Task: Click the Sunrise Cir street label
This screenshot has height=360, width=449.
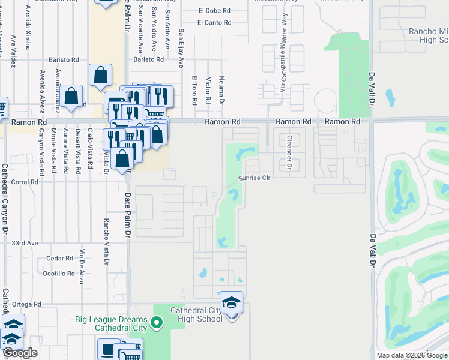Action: (x=255, y=178)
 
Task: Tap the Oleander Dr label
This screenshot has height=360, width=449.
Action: (x=289, y=152)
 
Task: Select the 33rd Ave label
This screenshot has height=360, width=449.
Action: (x=25, y=243)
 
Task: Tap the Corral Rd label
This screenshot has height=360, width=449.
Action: (x=25, y=182)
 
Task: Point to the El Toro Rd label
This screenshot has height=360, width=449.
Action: (x=194, y=90)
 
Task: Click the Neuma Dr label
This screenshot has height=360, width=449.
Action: (x=222, y=90)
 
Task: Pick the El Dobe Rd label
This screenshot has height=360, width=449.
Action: (x=214, y=11)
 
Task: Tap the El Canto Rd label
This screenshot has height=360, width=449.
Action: (x=214, y=23)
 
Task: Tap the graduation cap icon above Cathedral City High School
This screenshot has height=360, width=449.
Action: (x=231, y=302)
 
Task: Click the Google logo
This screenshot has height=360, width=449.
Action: (x=20, y=353)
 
